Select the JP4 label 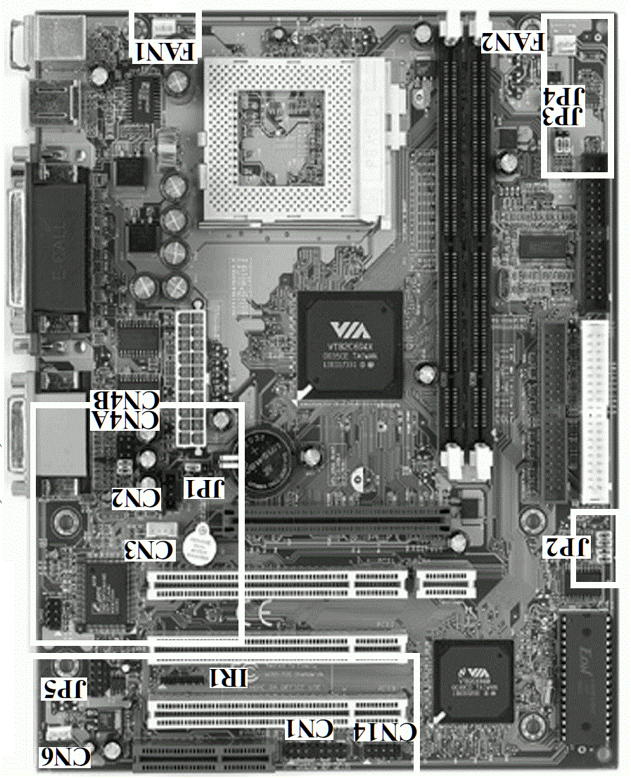[567, 97]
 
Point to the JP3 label [567, 115]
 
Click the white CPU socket [295, 141]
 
